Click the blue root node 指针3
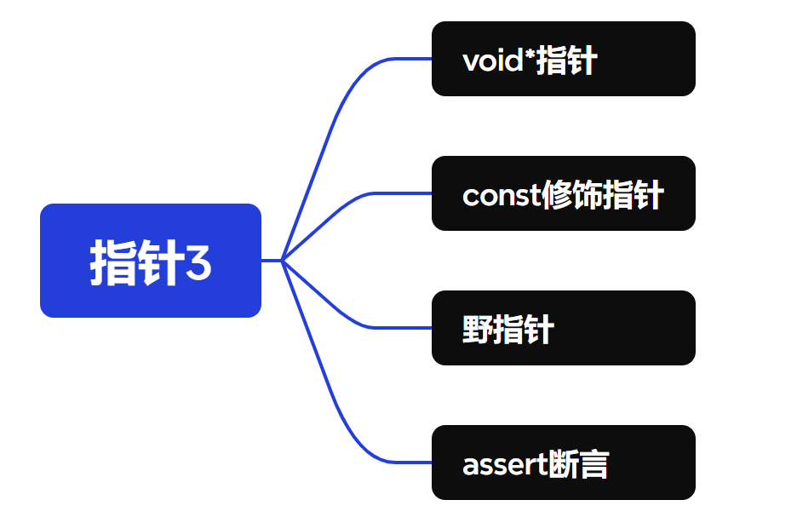pyautogui.click(x=150, y=261)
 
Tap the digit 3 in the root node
pyautogui.click(x=198, y=264)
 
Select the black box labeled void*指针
pyautogui.click(x=563, y=59)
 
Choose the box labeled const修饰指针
pyautogui.click(x=563, y=193)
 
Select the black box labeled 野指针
pyautogui.click(x=563, y=328)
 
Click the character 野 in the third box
pyautogui.click(x=478, y=330)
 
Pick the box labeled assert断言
pyautogui.click(x=563, y=463)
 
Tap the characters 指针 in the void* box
pyautogui.click(x=566, y=61)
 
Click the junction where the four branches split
pyautogui.click(x=282, y=261)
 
